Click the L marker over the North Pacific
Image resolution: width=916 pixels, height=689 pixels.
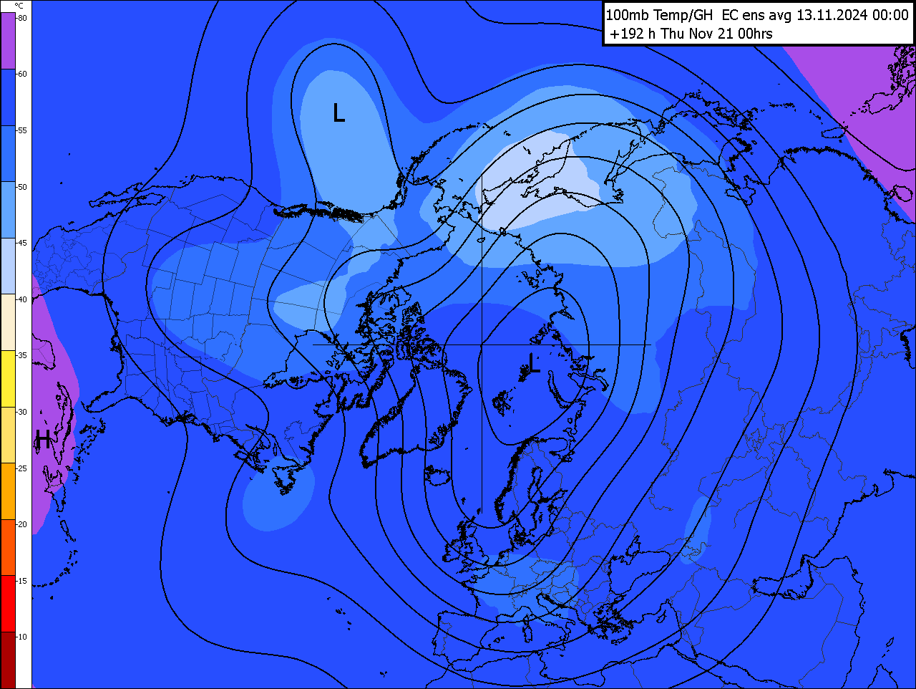click(x=339, y=112)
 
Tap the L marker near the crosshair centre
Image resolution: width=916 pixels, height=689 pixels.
click(x=534, y=363)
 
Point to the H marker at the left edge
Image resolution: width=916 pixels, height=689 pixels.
click(x=43, y=439)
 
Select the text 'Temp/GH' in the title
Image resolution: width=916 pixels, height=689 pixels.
click(x=683, y=15)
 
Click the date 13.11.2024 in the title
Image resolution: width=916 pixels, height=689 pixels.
click(x=832, y=15)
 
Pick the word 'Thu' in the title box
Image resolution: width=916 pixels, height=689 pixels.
click(x=673, y=34)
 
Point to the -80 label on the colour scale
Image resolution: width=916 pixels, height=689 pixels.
click(x=22, y=18)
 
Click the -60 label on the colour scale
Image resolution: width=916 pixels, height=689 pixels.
click(x=22, y=74)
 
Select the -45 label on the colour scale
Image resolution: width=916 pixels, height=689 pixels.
click(x=22, y=243)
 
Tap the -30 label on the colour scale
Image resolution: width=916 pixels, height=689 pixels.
click(x=22, y=412)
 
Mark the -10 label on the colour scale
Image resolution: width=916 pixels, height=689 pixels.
click(x=22, y=637)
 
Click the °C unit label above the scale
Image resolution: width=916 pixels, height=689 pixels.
click(x=19, y=6)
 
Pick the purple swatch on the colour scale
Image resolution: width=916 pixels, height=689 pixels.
click(x=8, y=41)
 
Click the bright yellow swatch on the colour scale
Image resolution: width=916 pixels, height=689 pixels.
click(x=8, y=378)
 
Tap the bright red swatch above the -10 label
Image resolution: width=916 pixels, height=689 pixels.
click(x=8, y=603)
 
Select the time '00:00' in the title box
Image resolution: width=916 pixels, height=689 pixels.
click(x=890, y=15)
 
